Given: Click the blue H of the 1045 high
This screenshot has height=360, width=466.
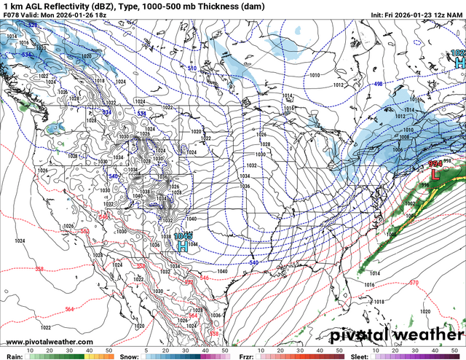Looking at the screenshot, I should (x=183, y=247).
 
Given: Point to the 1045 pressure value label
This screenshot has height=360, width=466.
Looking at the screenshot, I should (x=183, y=236).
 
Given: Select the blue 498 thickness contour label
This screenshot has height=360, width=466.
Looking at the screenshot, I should (x=378, y=84).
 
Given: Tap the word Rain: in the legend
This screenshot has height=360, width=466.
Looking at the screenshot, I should (x=12, y=356).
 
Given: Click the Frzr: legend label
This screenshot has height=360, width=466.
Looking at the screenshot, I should (x=248, y=356).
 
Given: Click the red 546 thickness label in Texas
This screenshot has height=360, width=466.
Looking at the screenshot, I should (x=205, y=278).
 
